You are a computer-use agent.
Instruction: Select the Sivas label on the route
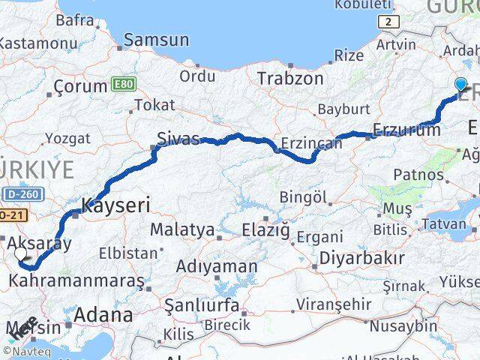(x=178, y=139)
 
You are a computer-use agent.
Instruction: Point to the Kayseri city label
(x=116, y=204)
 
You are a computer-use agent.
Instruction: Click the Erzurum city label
(x=406, y=130)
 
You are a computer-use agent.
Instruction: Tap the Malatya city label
(x=181, y=229)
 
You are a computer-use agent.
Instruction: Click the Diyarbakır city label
(x=362, y=258)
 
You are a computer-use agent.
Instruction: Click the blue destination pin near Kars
(x=460, y=85)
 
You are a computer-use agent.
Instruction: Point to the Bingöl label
(x=304, y=197)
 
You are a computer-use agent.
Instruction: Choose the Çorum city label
(x=78, y=88)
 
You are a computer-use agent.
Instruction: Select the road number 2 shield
(x=387, y=22)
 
